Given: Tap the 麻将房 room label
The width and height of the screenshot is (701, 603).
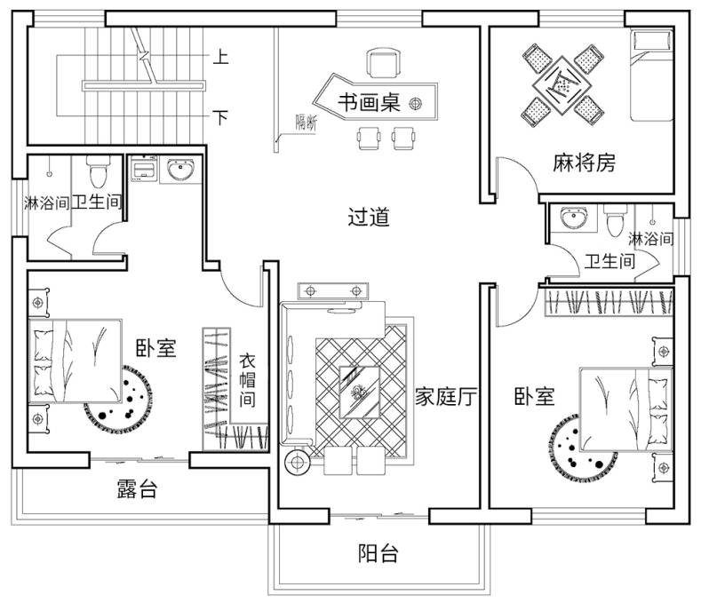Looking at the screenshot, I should point(584,163).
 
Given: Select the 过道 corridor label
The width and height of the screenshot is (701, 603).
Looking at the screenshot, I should point(369,217).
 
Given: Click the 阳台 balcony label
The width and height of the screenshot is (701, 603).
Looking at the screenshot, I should point(378,554).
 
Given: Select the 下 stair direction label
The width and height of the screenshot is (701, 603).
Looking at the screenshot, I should point(221,116).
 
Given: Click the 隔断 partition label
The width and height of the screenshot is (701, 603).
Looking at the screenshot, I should point(306,125).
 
